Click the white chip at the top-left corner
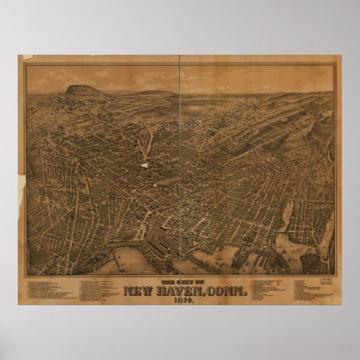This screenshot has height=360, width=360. pos(22,57)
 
